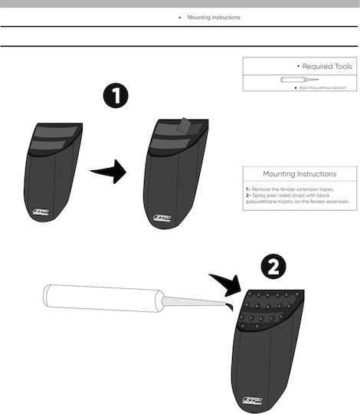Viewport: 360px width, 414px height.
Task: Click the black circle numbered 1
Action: (x=116, y=96)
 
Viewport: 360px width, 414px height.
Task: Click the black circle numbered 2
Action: (x=273, y=266)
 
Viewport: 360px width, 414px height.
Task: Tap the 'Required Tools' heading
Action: (x=327, y=66)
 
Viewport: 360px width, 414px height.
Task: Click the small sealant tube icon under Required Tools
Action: (x=299, y=80)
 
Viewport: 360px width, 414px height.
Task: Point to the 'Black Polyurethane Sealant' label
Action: (x=322, y=87)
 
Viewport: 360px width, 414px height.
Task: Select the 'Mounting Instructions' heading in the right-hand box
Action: (x=299, y=174)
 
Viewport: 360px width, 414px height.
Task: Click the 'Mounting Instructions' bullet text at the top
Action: (x=214, y=18)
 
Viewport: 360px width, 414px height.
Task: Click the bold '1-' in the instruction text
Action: (x=248, y=189)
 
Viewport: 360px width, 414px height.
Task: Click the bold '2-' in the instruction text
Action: (x=249, y=195)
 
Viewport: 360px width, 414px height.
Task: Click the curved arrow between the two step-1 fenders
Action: (x=109, y=172)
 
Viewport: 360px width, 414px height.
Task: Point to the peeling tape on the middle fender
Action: (x=184, y=125)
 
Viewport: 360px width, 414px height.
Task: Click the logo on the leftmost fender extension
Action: (x=41, y=212)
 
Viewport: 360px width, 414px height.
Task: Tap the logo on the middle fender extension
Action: (x=162, y=218)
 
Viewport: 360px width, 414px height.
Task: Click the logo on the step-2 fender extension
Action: (x=252, y=400)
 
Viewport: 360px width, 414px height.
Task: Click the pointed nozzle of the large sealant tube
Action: (x=194, y=301)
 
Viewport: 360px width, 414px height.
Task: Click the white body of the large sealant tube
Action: (x=103, y=298)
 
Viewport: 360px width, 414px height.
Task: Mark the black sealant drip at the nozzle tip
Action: (x=230, y=306)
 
